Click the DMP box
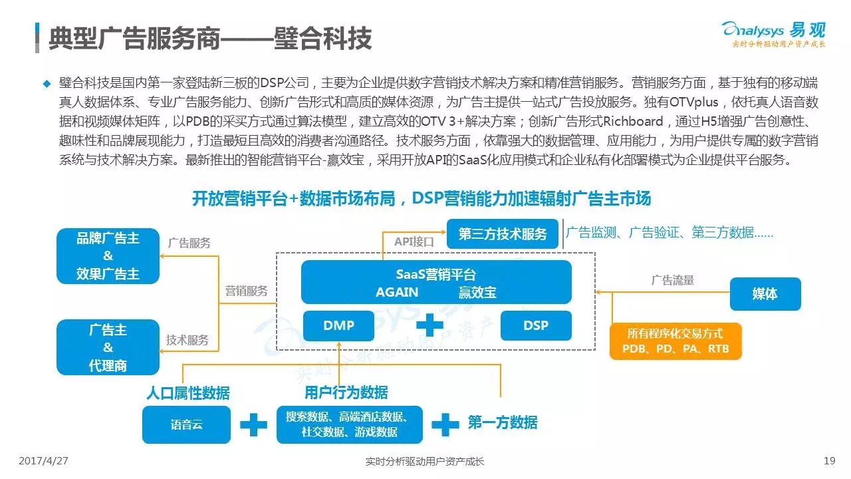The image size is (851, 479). (x=338, y=325)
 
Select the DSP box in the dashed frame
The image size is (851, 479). (x=536, y=325)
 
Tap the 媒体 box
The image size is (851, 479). (x=765, y=294)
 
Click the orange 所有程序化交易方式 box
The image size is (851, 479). (x=675, y=341)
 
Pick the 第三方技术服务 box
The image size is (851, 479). (x=502, y=234)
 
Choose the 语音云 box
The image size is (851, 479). (x=187, y=424)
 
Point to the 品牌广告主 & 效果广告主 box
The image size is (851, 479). (x=108, y=256)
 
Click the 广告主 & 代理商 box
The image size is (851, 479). (x=108, y=347)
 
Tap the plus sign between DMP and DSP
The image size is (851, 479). (x=429, y=325)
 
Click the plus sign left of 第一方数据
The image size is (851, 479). (x=445, y=424)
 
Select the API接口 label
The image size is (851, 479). (x=414, y=241)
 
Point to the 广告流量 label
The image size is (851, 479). (x=672, y=280)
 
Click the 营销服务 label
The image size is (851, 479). (x=246, y=291)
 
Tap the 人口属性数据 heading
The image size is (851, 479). (x=188, y=393)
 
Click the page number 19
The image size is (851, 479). (x=829, y=461)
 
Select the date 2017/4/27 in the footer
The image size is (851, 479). (x=43, y=461)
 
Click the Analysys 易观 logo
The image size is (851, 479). (x=774, y=34)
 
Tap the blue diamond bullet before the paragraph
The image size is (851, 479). (x=47, y=84)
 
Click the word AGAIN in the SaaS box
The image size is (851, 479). (x=397, y=292)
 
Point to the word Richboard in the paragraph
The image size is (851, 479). (x=633, y=121)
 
